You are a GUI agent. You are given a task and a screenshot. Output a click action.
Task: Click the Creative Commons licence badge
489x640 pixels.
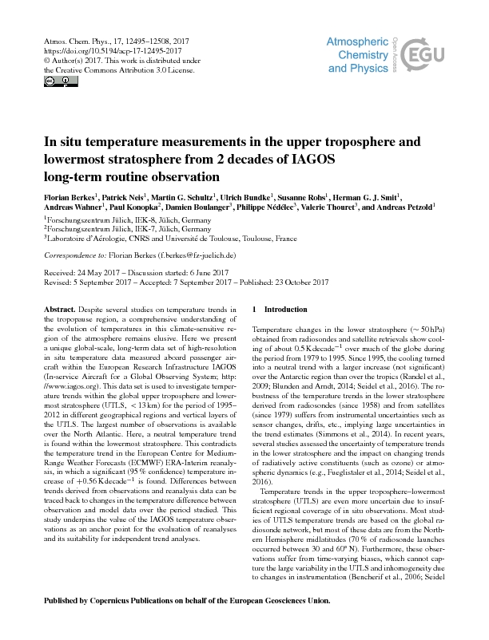point(50,81)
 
